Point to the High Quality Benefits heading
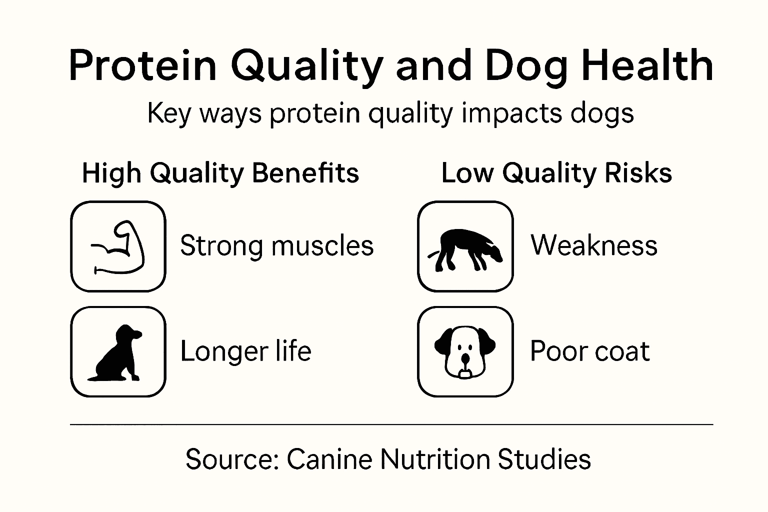[220, 173]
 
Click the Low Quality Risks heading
[556, 173]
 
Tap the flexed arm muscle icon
[118, 246]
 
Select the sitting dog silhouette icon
[117, 352]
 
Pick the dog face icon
[465, 352]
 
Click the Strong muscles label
[276, 246]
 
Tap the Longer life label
[245, 351]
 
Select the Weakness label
[594, 245]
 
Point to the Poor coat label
[589, 351]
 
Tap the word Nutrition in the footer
[434, 459]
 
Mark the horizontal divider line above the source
[391, 424]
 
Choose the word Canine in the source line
[329, 459]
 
